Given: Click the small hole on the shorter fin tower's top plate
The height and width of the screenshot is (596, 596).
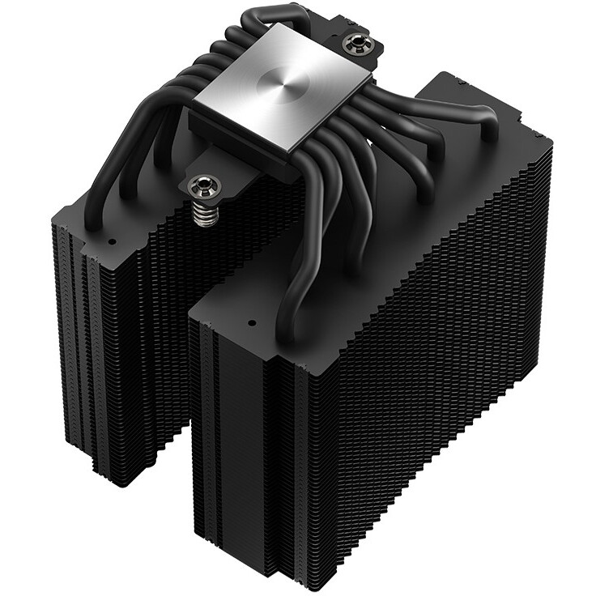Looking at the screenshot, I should tap(112, 241).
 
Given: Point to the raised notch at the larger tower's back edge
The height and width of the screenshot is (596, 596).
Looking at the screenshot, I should tap(453, 89).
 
